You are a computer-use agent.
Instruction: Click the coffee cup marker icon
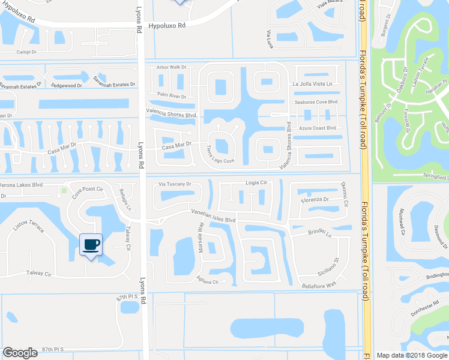tap(91, 245)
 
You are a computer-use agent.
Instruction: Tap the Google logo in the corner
tap(20, 353)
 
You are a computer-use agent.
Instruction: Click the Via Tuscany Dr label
tap(174, 184)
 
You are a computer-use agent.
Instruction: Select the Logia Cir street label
tap(256, 182)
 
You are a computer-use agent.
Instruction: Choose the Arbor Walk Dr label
tap(172, 67)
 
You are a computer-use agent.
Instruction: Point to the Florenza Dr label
tap(316, 199)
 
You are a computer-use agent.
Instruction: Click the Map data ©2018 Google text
tap(412, 355)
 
